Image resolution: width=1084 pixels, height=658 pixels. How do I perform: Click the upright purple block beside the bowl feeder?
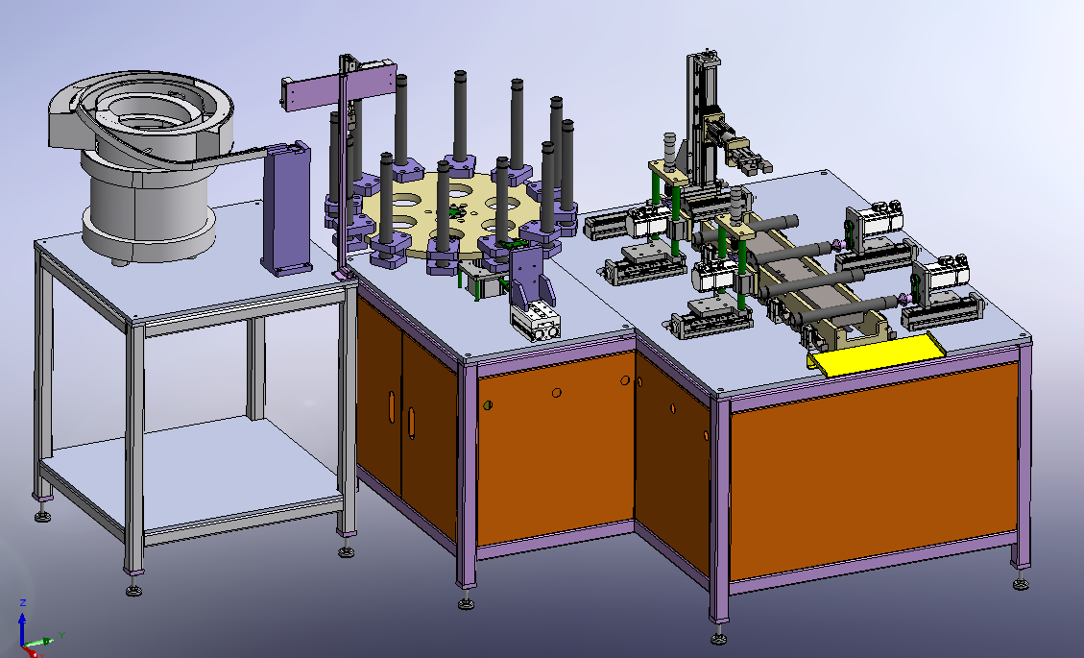click(x=286, y=207)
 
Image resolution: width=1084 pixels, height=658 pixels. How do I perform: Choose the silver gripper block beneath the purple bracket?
click(x=537, y=323)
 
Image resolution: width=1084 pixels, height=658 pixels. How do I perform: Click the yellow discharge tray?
click(x=878, y=353)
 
